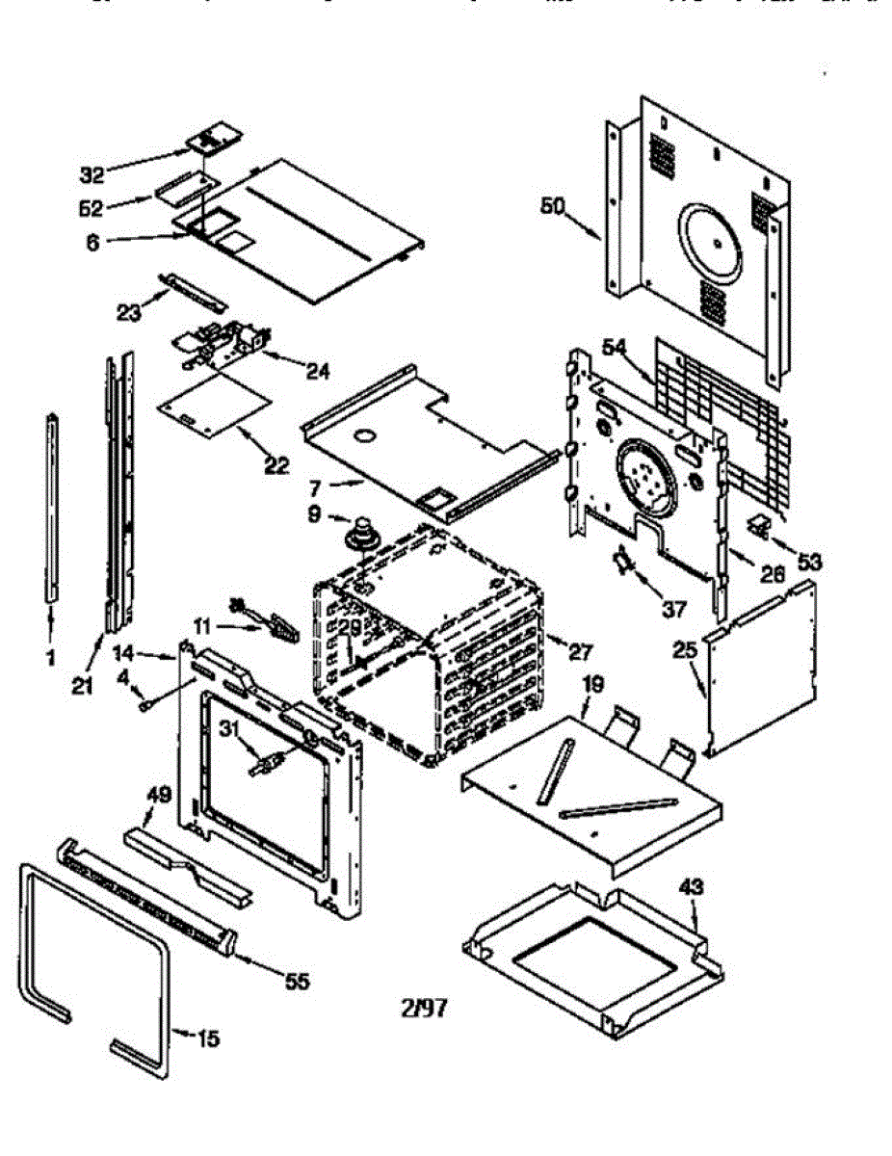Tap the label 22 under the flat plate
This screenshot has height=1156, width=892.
click(x=275, y=466)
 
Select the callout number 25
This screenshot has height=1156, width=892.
click(x=685, y=650)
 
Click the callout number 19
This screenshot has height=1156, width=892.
click(x=594, y=686)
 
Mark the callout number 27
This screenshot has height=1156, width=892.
click(x=579, y=652)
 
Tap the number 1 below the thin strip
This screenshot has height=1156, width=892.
click(x=50, y=658)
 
